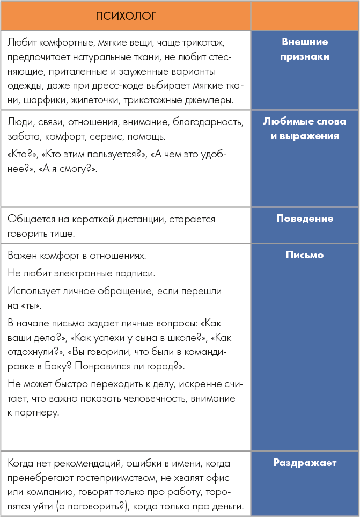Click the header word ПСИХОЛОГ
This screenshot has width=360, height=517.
[x=126, y=16]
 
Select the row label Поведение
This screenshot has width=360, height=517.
[x=304, y=219]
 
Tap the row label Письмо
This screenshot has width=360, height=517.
[x=304, y=255]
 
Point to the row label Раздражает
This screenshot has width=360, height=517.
[x=304, y=462]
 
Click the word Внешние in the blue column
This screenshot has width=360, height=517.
[x=304, y=42]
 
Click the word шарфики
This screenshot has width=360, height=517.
[x=44, y=100]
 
